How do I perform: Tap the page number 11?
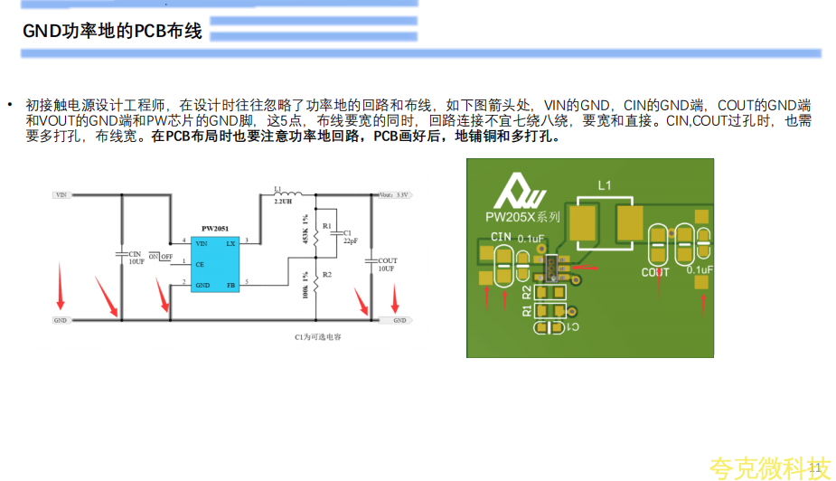click(x=816, y=467)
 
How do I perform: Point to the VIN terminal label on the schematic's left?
click(x=61, y=194)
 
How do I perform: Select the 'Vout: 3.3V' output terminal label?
click(x=395, y=194)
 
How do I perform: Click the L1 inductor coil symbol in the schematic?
click(x=291, y=193)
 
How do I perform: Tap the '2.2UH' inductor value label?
click(x=282, y=203)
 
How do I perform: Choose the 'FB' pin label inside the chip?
click(x=230, y=285)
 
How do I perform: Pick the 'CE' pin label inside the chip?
click(x=200, y=264)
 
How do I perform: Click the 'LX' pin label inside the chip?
click(x=230, y=243)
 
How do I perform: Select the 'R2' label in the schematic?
click(x=327, y=274)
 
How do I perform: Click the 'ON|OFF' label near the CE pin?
click(x=160, y=257)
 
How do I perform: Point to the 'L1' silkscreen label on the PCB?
click(x=606, y=185)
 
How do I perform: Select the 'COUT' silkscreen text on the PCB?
click(x=655, y=271)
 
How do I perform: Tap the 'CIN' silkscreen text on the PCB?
click(x=501, y=237)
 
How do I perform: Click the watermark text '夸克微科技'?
click(x=768, y=467)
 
